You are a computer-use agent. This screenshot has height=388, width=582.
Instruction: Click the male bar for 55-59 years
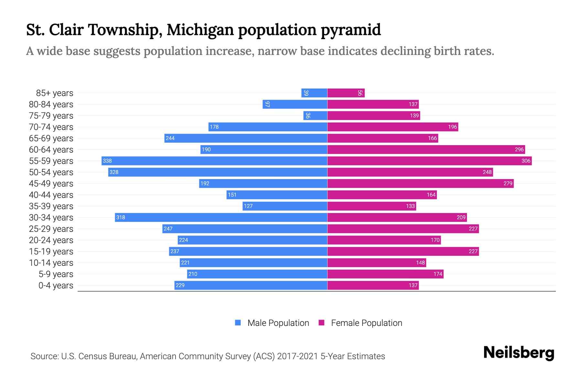214,161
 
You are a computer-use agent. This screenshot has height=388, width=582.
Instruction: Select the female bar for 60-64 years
426,149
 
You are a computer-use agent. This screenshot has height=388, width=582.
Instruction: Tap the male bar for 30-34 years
221,217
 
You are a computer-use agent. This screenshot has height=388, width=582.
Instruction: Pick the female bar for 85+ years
346,93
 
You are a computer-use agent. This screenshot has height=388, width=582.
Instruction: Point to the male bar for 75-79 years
315,115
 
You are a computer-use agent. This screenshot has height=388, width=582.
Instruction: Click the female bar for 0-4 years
373,285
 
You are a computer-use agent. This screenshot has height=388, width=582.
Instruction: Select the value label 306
526,161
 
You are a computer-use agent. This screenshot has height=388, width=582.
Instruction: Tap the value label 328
114,172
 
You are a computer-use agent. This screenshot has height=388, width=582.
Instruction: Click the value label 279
508,183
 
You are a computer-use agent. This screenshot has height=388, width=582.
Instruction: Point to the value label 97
267,104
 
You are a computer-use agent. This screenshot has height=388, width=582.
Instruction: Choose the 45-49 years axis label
51,183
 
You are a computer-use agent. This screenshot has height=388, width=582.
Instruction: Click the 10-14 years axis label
51,263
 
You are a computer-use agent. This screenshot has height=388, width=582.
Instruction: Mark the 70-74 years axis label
51,127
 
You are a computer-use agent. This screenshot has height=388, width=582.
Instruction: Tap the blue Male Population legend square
238,323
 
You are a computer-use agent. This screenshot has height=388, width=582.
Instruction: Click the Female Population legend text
366,323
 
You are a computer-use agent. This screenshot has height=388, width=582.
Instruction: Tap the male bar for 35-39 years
285,206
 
